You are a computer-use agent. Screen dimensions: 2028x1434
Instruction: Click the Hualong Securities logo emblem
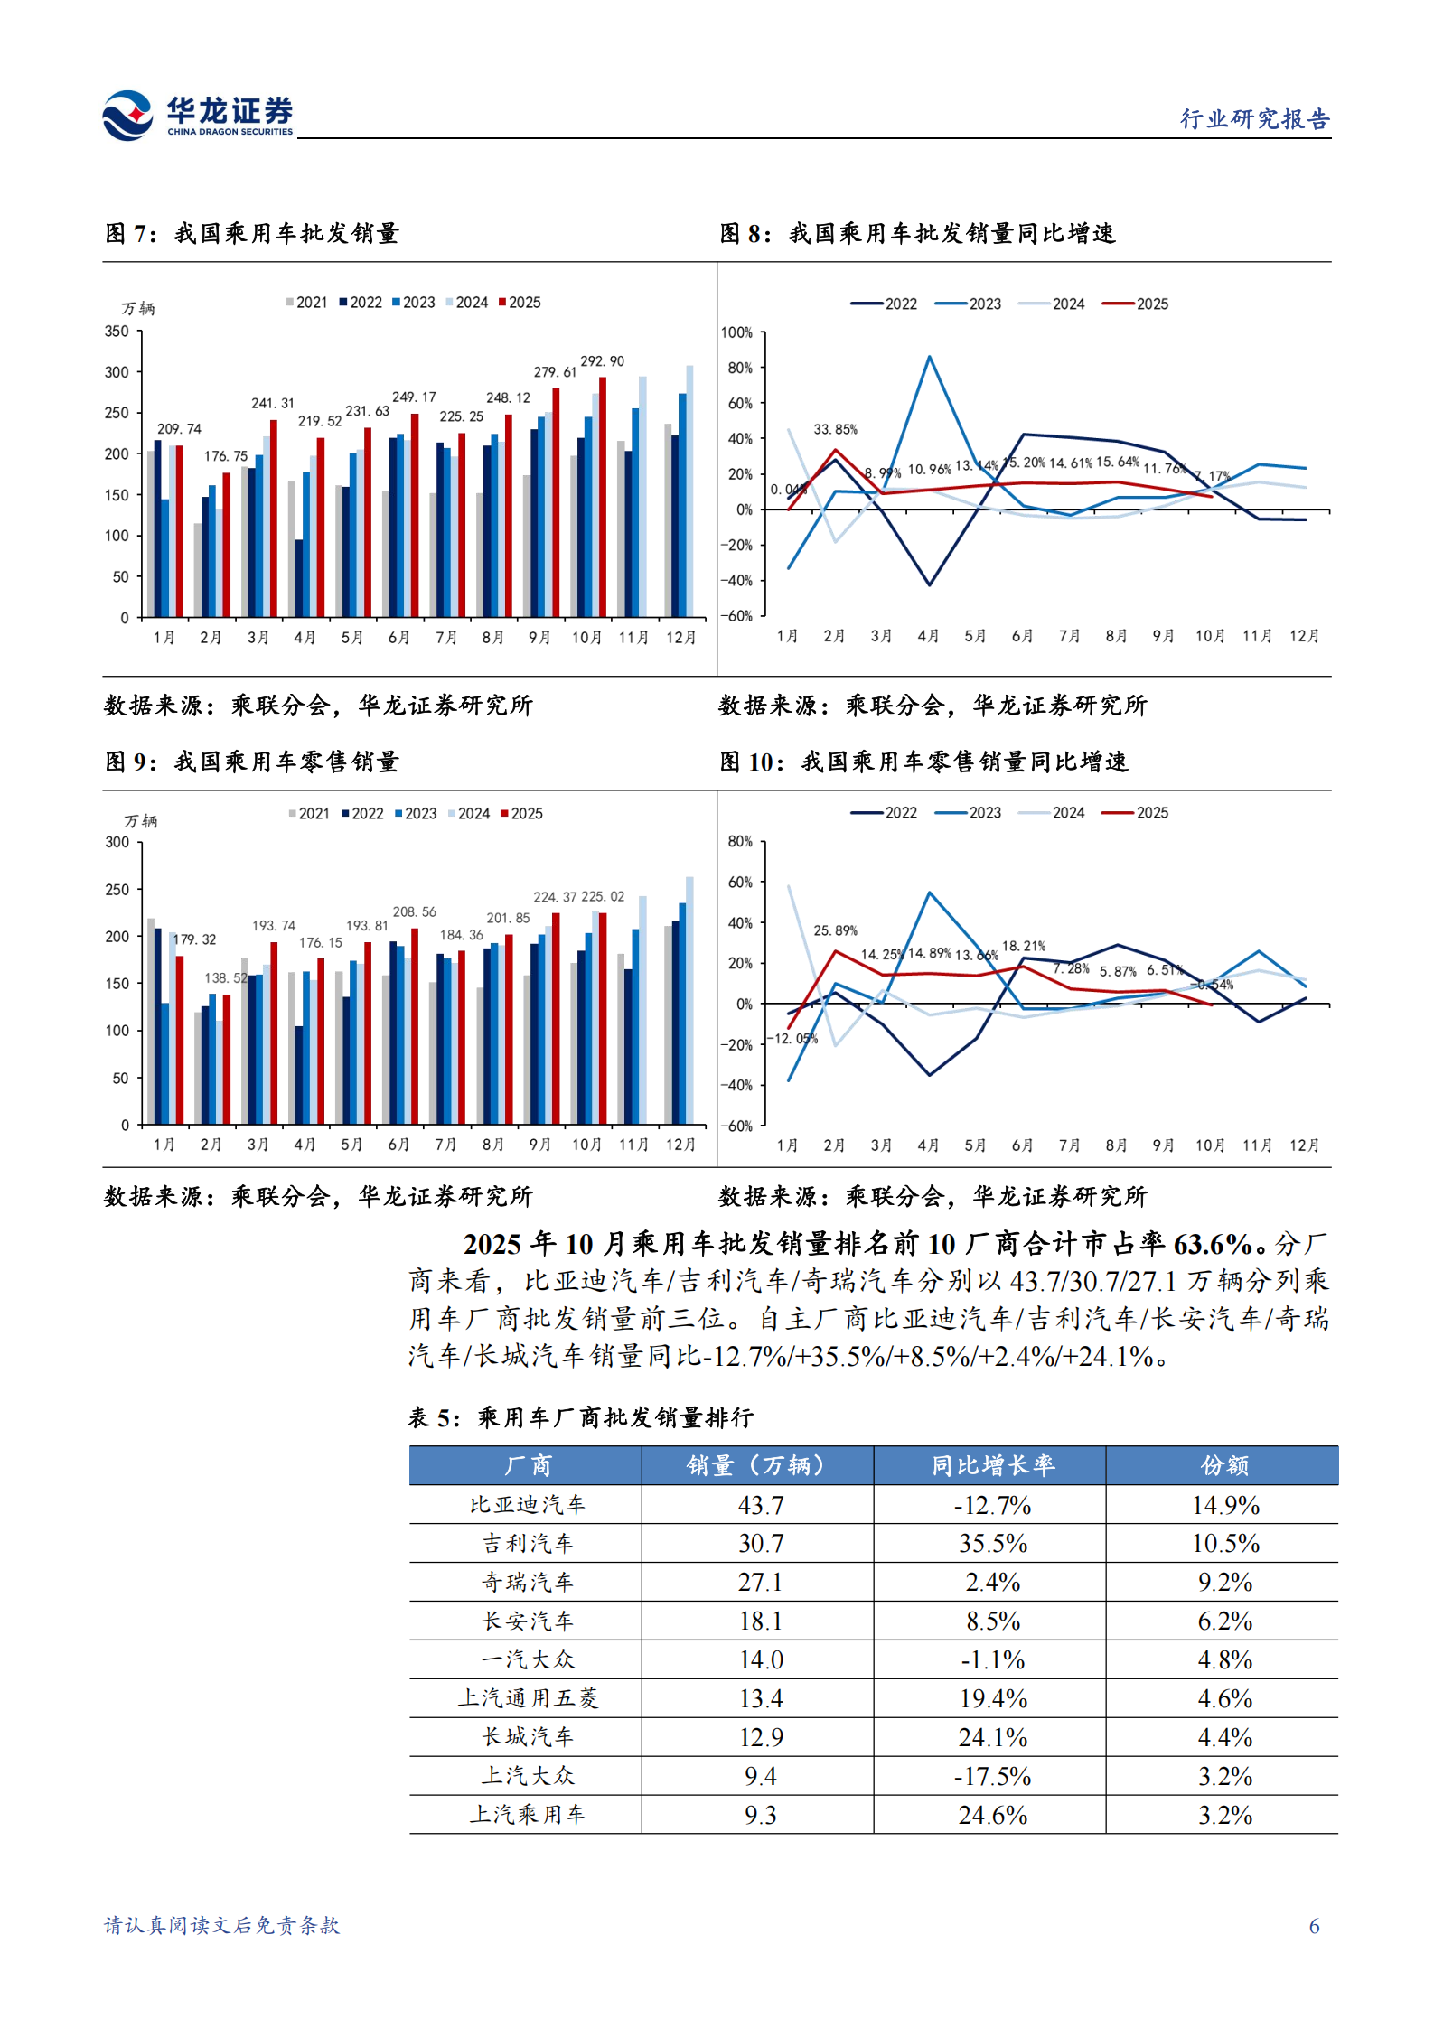click(127, 115)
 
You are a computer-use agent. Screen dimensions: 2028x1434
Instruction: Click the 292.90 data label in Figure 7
click(602, 361)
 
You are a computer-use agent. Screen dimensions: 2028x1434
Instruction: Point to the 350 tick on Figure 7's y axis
click(117, 332)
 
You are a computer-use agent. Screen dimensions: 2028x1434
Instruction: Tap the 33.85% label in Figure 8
click(835, 429)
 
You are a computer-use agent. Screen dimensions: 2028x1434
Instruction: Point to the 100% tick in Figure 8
click(736, 332)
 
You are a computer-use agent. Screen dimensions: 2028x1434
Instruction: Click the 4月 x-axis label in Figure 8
click(928, 636)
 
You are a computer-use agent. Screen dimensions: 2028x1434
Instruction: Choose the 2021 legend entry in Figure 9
click(309, 814)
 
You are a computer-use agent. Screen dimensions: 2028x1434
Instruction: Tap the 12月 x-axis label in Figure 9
click(680, 1145)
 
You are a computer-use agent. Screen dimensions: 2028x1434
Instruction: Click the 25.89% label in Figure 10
click(835, 930)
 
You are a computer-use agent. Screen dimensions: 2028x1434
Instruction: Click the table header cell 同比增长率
click(992, 1465)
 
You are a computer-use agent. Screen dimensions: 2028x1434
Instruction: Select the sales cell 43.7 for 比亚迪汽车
click(760, 1505)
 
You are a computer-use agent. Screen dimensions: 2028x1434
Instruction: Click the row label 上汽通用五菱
click(528, 1698)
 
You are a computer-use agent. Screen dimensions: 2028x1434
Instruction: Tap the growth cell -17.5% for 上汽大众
click(992, 1776)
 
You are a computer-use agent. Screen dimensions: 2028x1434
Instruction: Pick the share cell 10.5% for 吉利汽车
click(1224, 1544)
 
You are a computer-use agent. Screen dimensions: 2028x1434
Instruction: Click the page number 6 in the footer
click(1314, 1926)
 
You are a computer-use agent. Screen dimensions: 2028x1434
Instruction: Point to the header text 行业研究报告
click(1254, 119)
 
